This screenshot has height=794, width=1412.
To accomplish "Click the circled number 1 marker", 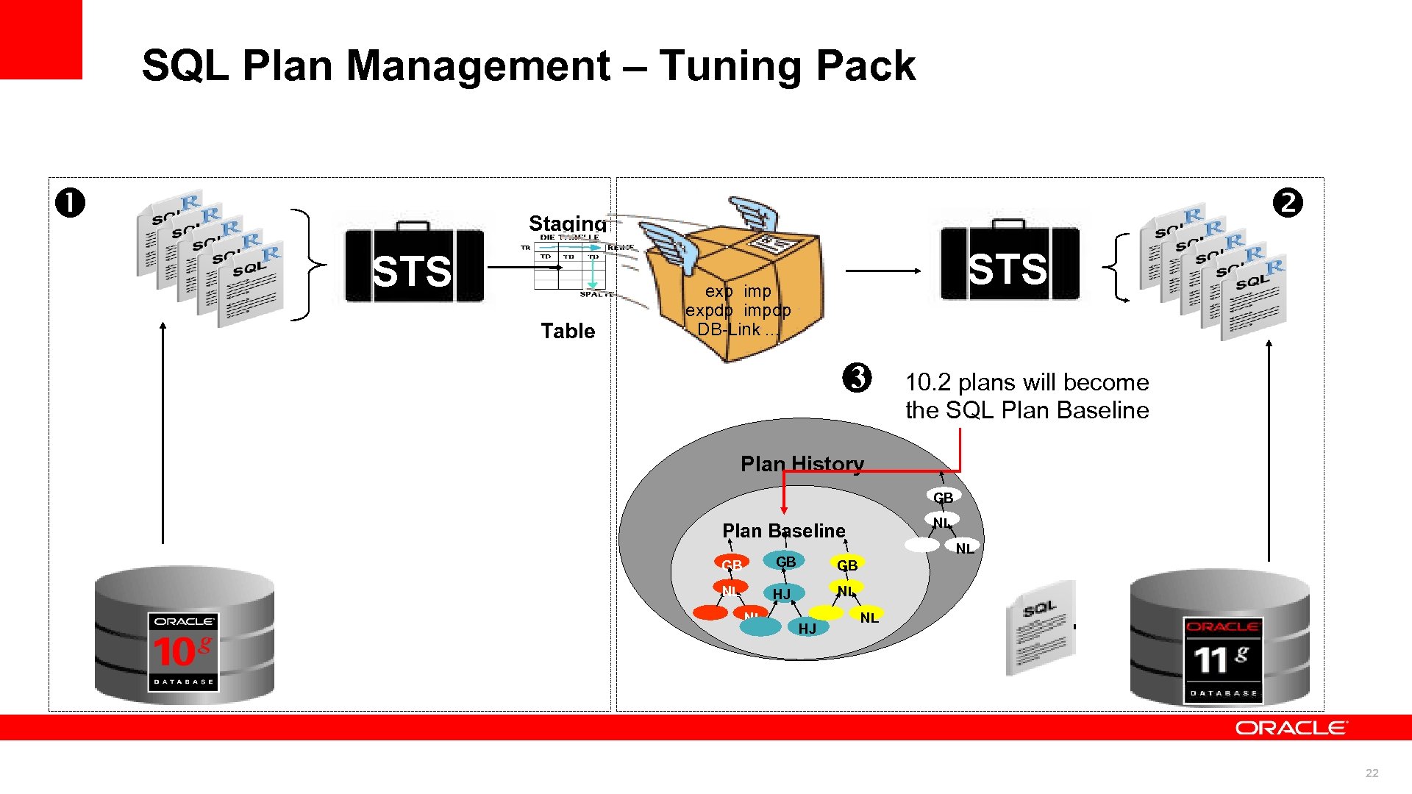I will (x=70, y=203).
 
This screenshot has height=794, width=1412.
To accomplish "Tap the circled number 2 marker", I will (x=1288, y=203).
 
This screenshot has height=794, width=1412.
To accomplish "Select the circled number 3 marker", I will (x=857, y=378).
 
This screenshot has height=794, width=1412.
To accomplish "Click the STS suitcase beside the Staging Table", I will (x=414, y=265).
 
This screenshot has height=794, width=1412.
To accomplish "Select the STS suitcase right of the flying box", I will (x=1010, y=264).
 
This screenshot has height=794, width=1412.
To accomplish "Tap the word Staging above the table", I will (x=568, y=223).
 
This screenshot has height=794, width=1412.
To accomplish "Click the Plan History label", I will (x=802, y=464).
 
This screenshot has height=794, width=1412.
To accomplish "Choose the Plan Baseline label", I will (x=783, y=531).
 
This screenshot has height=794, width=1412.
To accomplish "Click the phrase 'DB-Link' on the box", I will (x=728, y=329).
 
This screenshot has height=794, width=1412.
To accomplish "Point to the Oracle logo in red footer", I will (x=1291, y=728).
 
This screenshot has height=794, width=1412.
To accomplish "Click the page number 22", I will (x=1372, y=773).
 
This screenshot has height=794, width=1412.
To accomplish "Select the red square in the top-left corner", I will (x=40, y=39).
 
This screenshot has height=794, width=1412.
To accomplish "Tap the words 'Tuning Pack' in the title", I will (x=787, y=65).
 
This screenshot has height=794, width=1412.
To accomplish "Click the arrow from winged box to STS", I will (x=883, y=271).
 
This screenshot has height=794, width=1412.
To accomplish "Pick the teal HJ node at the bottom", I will (x=807, y=628).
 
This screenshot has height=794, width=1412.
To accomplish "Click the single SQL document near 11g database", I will (x=1040, y=627).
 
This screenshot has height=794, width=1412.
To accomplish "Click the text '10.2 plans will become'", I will (x=1027, y=382).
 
